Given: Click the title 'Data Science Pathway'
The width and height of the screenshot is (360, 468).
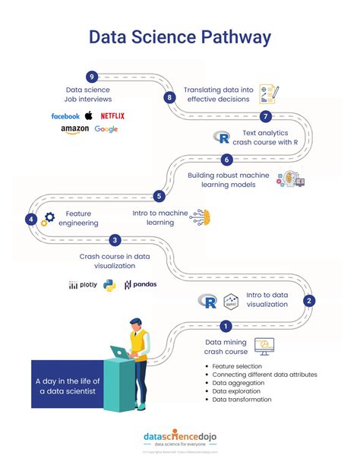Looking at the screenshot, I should pyautogui.click(x=179, y=37).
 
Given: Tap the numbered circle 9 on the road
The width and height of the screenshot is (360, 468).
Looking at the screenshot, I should pyautogui.click(x=92, y=77).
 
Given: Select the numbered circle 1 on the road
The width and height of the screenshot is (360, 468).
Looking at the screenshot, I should pyautogui.click(x=226, y=327).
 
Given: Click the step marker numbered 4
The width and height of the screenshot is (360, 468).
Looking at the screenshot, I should pyautogui.click(x=30, y=219).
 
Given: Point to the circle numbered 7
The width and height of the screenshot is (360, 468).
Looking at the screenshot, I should pyautogui.click(x=265, y=116).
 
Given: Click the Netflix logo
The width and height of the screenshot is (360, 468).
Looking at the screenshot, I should pyautogui.click(x=112, y=115).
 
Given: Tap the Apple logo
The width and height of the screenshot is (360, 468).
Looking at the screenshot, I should pyautogui.click(x=88, y=115).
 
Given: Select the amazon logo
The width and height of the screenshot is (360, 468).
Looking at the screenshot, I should pyautogui.click(x=74, y=130).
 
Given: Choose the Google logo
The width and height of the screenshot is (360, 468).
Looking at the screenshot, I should pyautogui.click(x=106, y=130).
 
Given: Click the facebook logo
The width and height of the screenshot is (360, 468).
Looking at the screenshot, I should pyautogui.click(x=65, y=116).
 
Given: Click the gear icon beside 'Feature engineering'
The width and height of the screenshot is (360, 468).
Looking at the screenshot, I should pyautogui.click(x=49, y=218).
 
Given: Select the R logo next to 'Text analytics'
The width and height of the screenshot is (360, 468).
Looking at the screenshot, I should pyautogui.click(x=222, y=138).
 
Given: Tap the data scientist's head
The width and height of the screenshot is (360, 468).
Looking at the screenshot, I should pyautogui.click(x=134, y=324).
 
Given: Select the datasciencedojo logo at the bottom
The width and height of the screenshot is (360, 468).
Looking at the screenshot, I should pyautogui.click(x=179, y=438).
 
